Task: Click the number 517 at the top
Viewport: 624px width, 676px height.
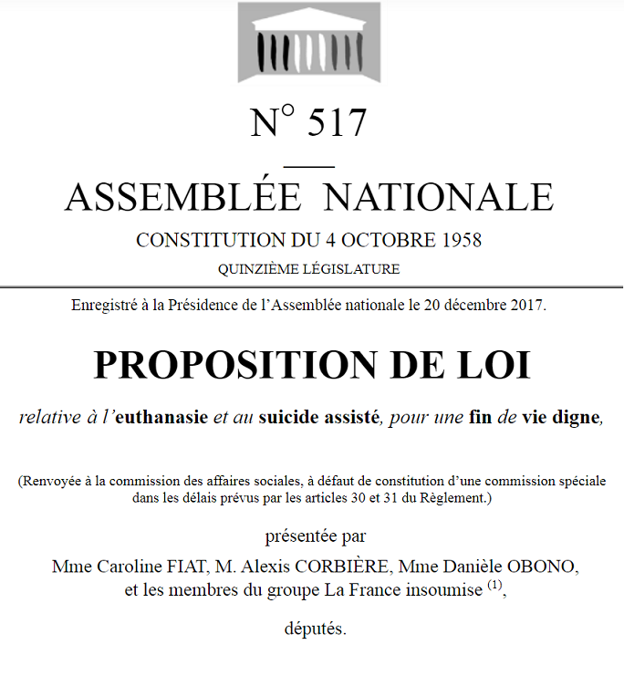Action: (x=337, y=122)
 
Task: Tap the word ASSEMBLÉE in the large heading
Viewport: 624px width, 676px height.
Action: (x=182, y=196)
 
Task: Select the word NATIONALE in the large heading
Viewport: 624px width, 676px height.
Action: (x=440, y=196)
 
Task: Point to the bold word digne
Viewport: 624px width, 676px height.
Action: (x=579, y=419)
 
